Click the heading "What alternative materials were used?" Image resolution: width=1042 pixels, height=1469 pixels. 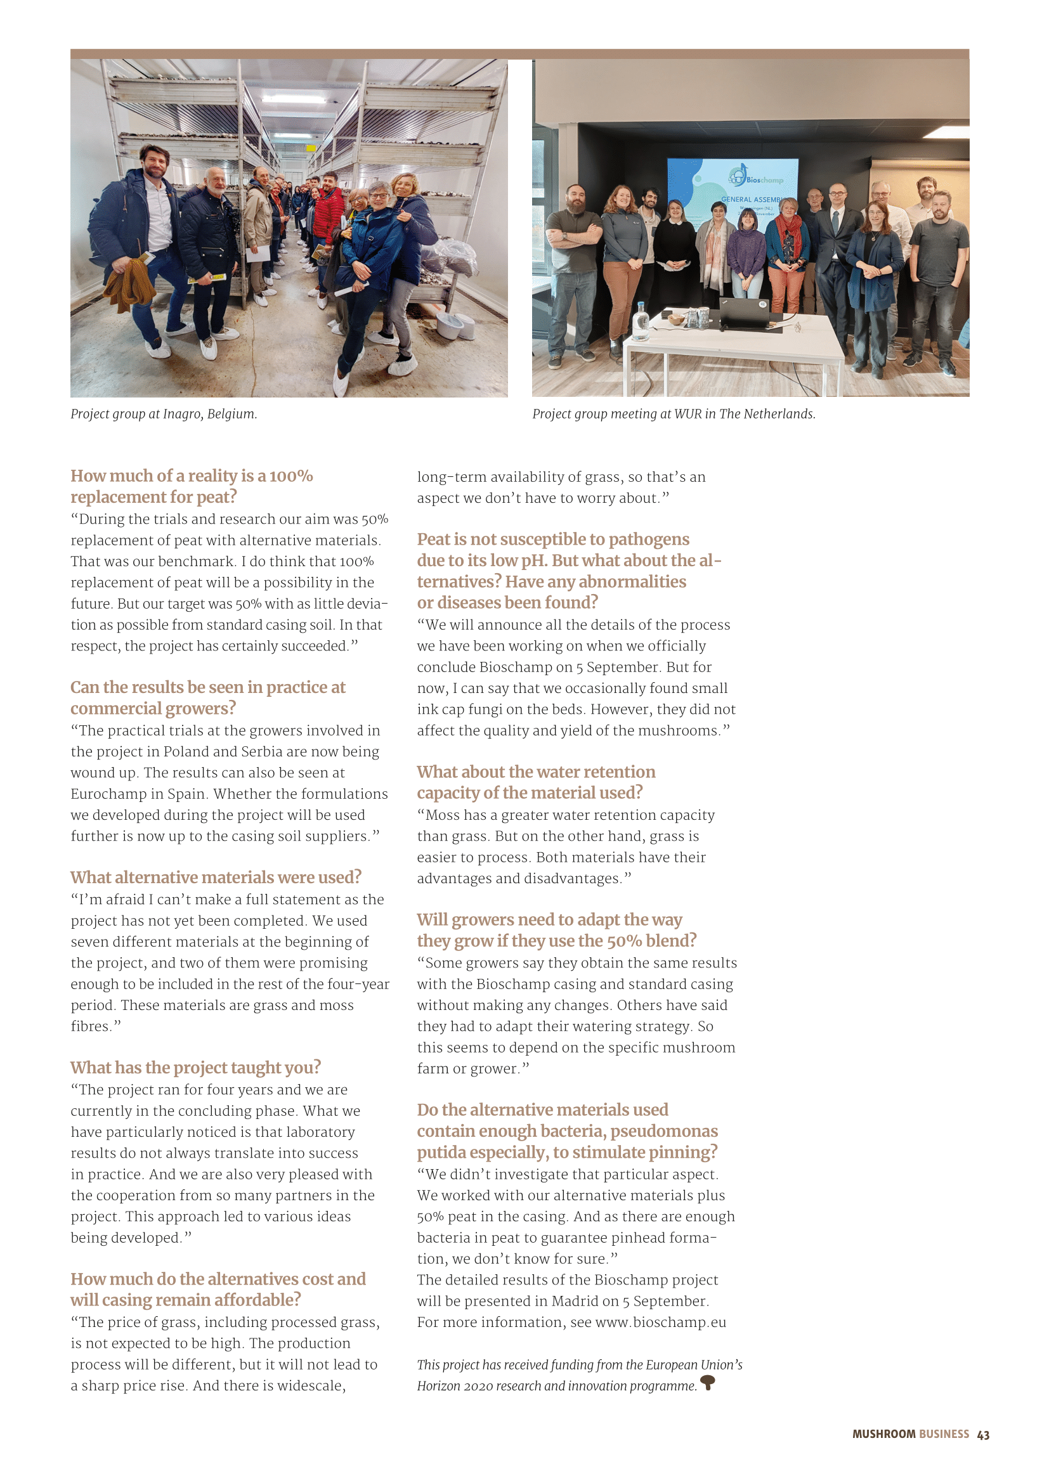pyautogui.click(x=216, y=877)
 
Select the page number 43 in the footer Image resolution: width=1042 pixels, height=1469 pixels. pyautogui.click(x=983, y=1435)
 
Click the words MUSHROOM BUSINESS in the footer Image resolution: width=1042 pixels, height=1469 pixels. pyautogui.click(x=910, y=1434)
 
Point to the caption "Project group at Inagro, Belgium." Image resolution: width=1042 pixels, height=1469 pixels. pyautogui.click(x=164, y=414)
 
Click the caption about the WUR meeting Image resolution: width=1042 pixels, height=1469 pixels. pyautogui.click(x=673, y=414)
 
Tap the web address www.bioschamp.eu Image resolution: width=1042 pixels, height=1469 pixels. pyautogui.click(x=660, y=1322)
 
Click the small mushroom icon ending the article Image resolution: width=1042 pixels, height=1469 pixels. pyautogui.click(x=707, y=1382)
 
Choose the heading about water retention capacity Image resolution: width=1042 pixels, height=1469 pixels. pyautogui.click(x=536, y=782)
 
